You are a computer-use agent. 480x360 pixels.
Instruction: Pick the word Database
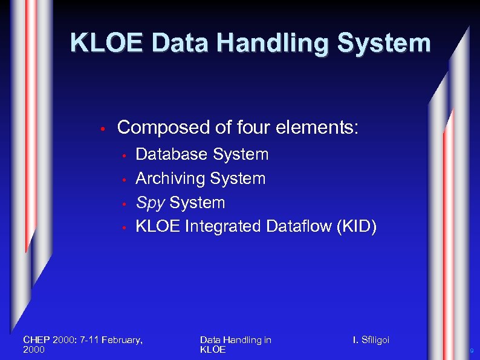coord(171,154)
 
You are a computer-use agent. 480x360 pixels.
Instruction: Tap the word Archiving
coord(170,178)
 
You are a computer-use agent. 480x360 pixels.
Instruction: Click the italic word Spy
coord(150,203)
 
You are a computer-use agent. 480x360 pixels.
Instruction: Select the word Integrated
coord(222,226)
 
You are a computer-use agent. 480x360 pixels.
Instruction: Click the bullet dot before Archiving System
coord(123,180)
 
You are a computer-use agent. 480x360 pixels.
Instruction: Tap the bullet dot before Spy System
coord(123,204)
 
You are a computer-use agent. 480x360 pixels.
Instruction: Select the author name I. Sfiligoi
coord(371,340)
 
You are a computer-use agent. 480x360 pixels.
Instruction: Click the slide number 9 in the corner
coord(472,351)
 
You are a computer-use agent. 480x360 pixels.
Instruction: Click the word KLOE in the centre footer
coord(212,350)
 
